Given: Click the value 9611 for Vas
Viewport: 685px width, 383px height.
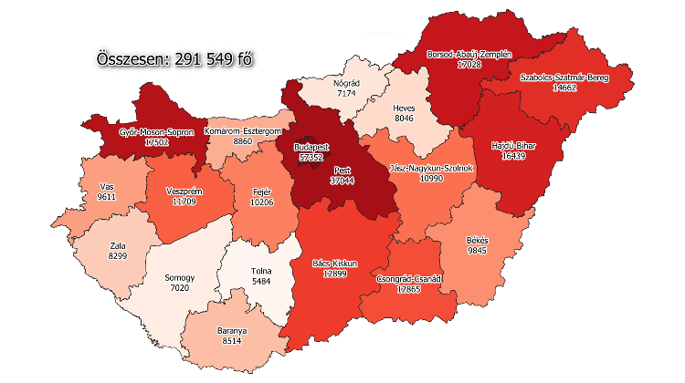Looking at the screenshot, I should point(107,196).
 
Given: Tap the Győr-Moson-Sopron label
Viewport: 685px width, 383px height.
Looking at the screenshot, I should point(156,132).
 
